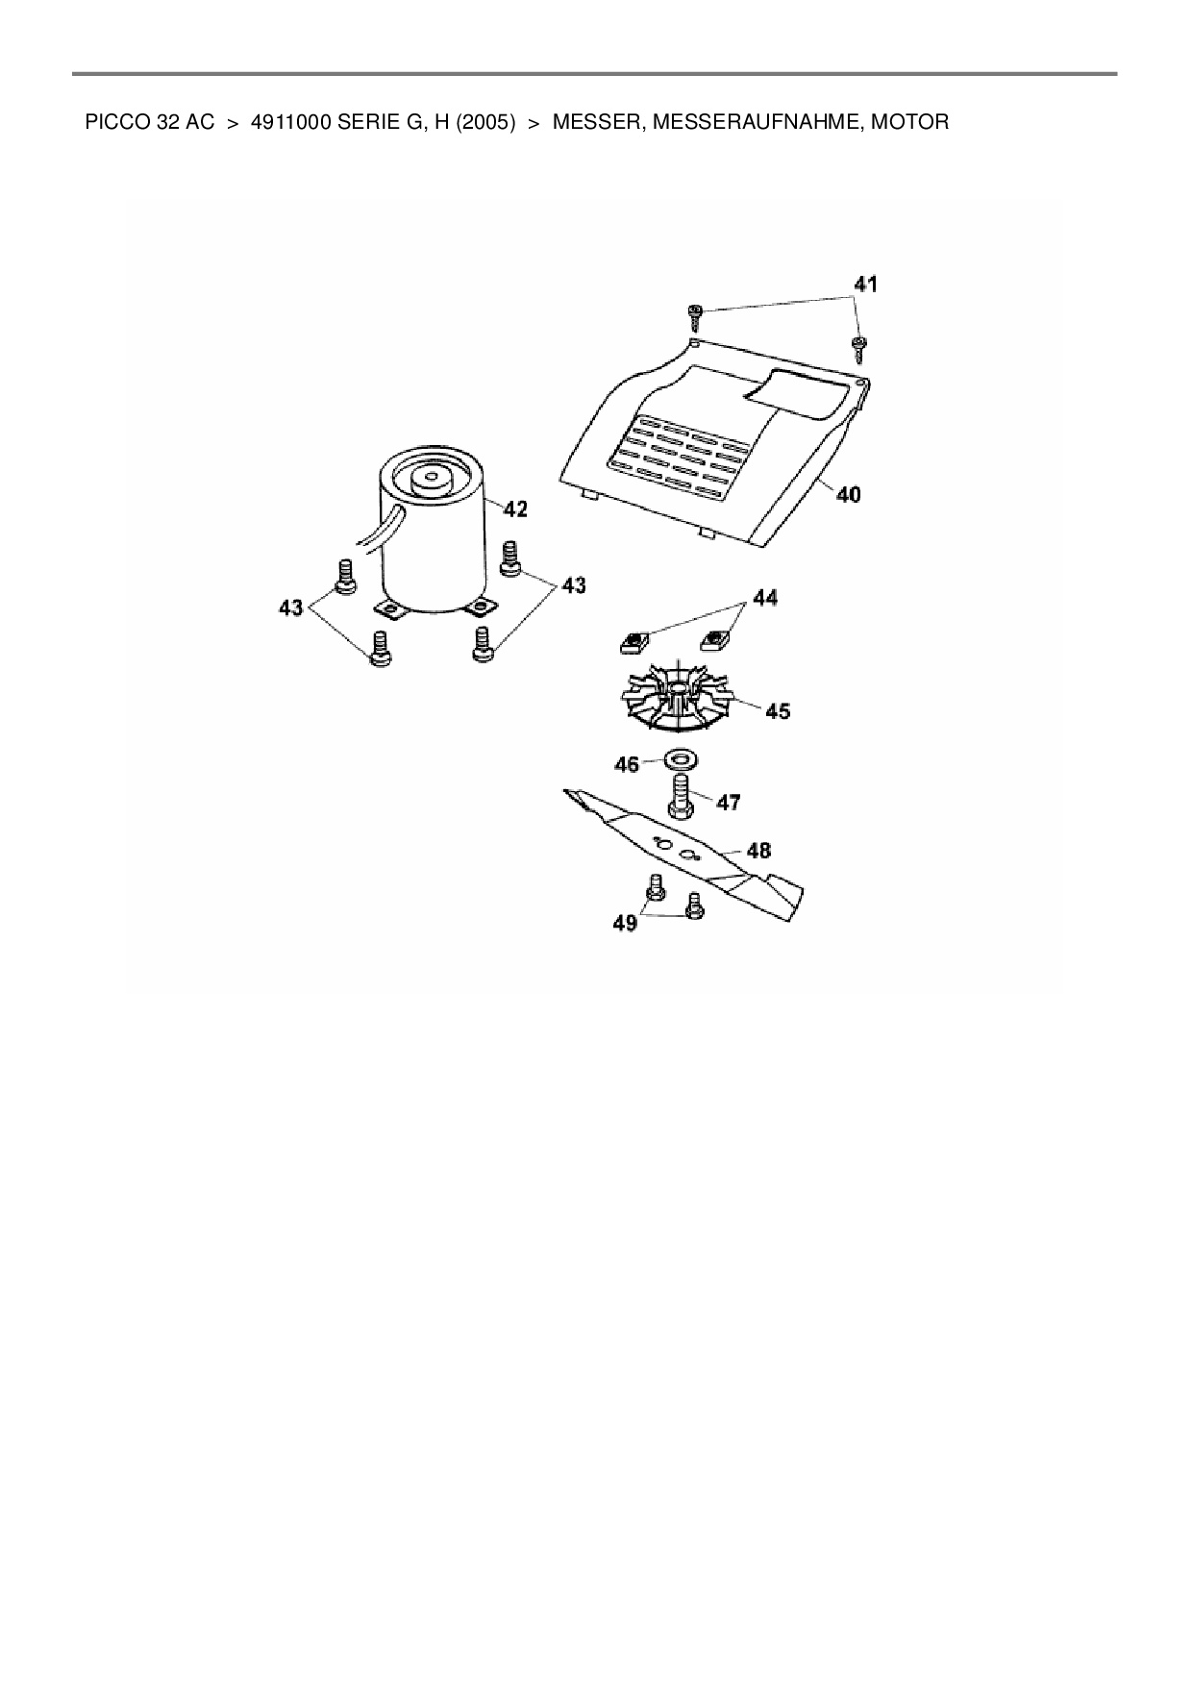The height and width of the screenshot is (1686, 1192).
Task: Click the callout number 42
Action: [515, 509]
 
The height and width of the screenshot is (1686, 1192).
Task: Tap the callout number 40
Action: [848, 495]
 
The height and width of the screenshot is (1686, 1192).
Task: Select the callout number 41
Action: [866, 285]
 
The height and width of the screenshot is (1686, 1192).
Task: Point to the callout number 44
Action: [764, 598]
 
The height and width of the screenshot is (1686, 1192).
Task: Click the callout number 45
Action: [778, 711]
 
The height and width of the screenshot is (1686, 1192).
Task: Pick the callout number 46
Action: [627, 765]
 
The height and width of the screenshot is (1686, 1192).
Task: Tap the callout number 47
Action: [729, 802]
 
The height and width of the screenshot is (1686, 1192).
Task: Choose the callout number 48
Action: [758, 851]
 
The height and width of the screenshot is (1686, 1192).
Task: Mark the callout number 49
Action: [625, 924]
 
